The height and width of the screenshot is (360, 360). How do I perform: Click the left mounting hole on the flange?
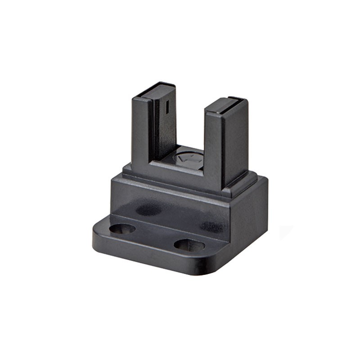click(122, 229)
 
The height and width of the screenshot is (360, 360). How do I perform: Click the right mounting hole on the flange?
click(189, 245)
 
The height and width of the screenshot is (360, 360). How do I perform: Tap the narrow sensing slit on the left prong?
click(166, 107)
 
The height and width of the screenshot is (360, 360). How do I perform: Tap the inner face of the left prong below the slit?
click(165, 135)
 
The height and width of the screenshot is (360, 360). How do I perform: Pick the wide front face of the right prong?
click(214, 148)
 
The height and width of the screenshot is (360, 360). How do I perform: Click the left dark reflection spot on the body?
click(148, 210)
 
